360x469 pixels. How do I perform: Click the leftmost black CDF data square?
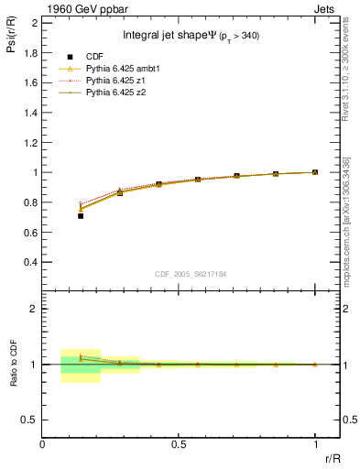click(81, 216)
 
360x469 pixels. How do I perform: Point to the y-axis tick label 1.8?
click(29, 52)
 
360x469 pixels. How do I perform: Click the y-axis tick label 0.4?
click(29, 262)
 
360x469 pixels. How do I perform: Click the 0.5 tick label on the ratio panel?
click(29, 420)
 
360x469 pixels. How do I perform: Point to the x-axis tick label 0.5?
click(179, 444)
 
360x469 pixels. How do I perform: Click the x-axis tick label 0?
click(43, 444)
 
